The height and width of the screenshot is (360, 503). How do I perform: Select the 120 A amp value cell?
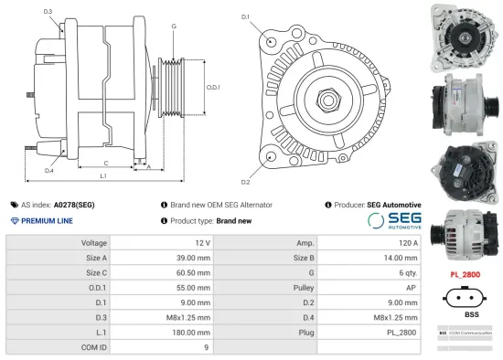[x=409, y=243]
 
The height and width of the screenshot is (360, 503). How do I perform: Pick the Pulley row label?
[x=305, y=288]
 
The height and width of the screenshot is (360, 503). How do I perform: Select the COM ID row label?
[x=95, y=347]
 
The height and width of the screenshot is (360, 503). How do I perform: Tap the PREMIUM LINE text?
[x=47, y=221]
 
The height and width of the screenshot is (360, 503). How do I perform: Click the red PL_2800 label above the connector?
[x=465, y=274]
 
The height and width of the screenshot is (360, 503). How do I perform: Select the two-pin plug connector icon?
[x=465, y=297]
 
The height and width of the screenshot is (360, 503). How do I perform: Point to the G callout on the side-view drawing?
[x=173, y=26]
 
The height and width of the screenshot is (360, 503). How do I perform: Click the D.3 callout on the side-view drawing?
[x=48, y=12]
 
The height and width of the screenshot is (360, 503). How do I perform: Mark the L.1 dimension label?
[x=102, y=175]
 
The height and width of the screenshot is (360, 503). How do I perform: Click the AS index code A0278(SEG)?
[x=72, y=205]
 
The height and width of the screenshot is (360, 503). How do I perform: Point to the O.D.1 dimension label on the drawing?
[x=212, y=87]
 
